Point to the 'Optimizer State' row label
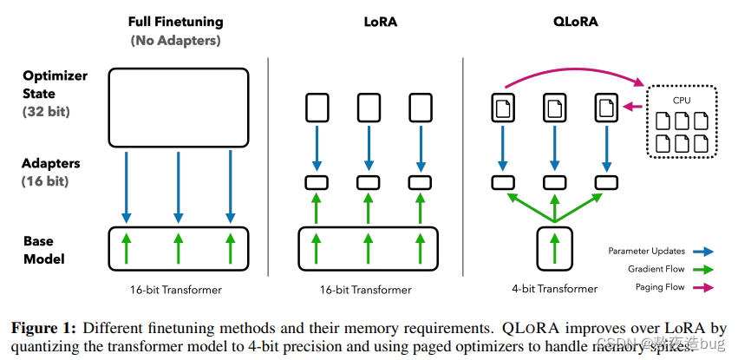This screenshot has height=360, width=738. pyautogui.click(x=55, y=84)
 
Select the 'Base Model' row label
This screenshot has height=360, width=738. pyautogui.click(x=43, y=250)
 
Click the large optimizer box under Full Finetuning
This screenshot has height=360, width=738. pyautogui.click(x=178, y=107)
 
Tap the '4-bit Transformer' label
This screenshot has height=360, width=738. pyautogui.click(x=555, y=289)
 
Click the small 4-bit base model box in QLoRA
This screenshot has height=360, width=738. pyautogui.click(x=555, y=246)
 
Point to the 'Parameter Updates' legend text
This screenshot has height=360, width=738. pyautogui.click(x=646, y=252)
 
